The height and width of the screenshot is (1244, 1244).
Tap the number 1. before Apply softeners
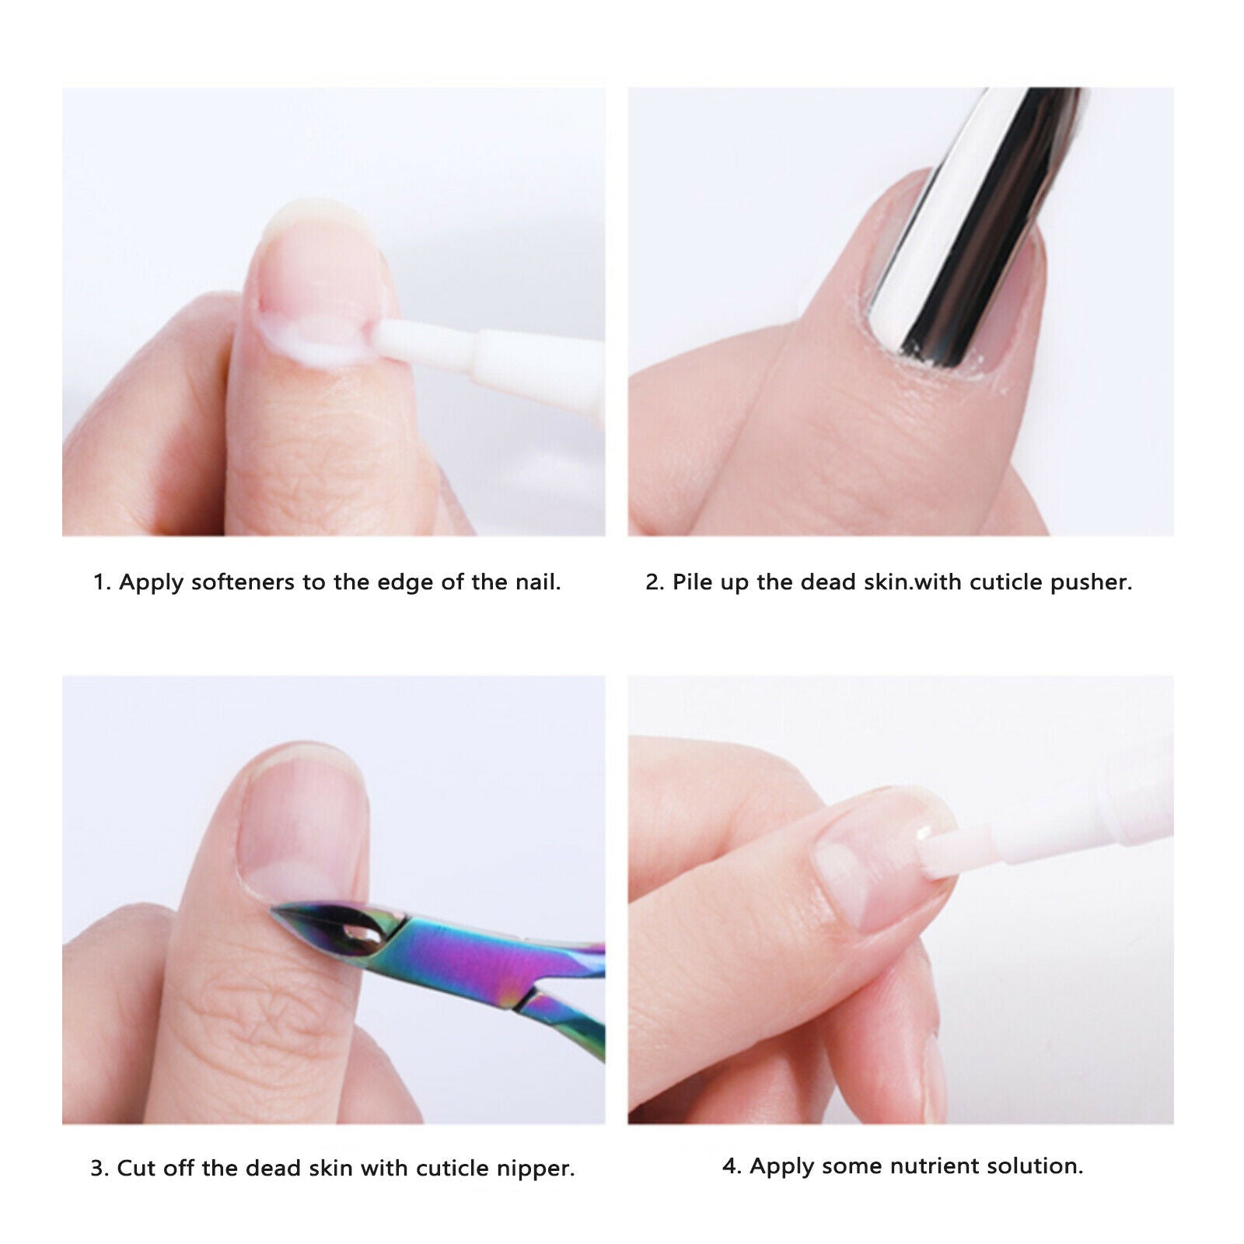(102, 582)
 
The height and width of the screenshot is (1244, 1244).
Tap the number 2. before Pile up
(655, 582)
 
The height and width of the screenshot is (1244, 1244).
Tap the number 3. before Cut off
(100, 1169)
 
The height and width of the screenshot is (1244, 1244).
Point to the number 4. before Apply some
(732, 1166)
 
